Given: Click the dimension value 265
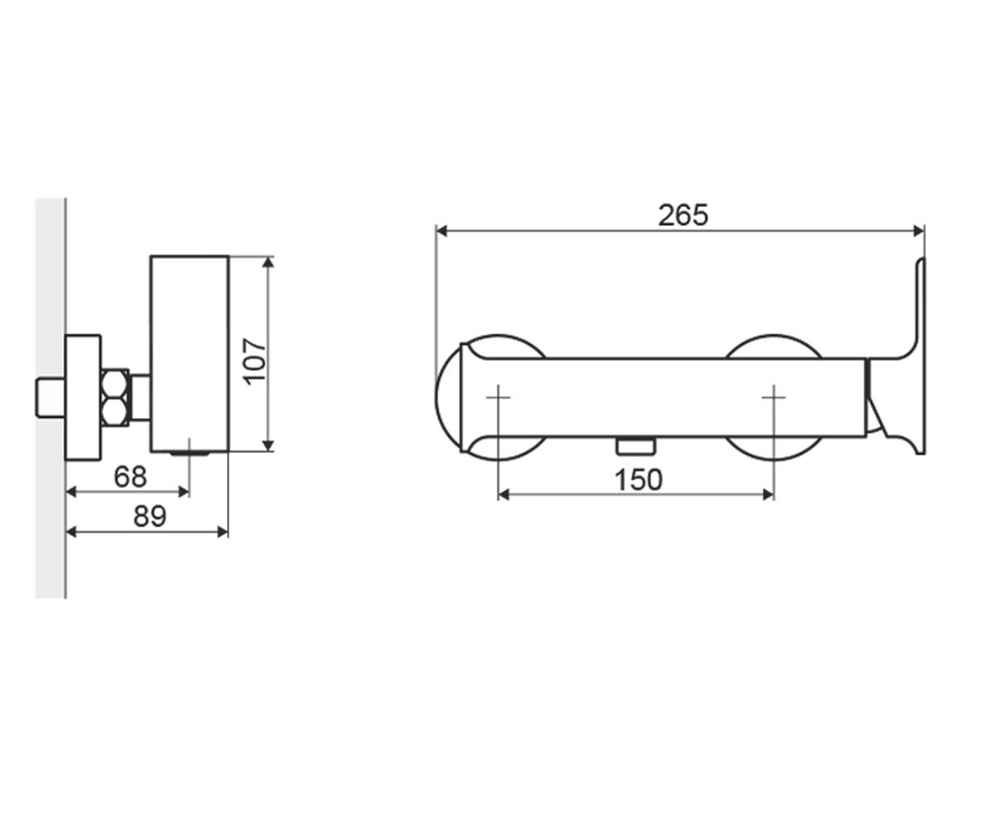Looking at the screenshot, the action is click(x=683, y=215).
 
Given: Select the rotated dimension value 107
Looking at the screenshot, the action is click(x=254, y=362).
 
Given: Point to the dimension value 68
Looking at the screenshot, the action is click(x=130, y=476).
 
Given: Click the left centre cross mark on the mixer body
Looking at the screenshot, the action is click(x=498, y=397).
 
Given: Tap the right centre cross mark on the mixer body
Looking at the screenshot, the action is click(x=774, y=397).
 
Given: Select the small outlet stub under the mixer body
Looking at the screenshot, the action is click(x=636, y=446).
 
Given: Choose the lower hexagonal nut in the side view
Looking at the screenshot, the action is click(x=115, y=412).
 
